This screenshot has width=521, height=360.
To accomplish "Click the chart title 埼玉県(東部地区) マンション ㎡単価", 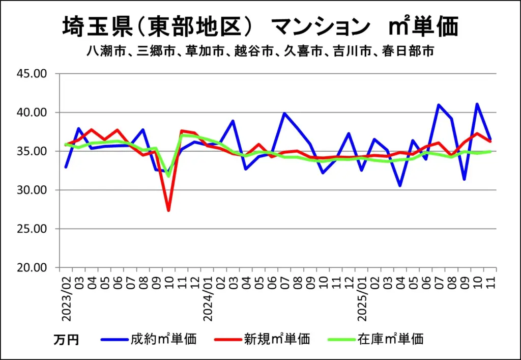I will coord(260,26).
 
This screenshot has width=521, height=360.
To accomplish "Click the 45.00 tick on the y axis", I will coord(33,73).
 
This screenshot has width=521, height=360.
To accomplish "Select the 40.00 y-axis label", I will coord(33,112).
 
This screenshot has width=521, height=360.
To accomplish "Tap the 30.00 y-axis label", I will coord(33,190).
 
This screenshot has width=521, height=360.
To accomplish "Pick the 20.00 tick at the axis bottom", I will coord(33,268).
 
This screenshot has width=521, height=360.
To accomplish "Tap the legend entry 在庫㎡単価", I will coord(390,339).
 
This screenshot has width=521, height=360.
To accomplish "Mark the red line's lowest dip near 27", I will coord(168,210).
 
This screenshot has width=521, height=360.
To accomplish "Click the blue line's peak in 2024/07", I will coord(284,113).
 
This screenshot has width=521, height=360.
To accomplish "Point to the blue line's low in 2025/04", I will coord(400,186).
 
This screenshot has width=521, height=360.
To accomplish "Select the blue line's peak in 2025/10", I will coord(477,104).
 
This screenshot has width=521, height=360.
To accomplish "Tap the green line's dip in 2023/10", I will coord(168,176).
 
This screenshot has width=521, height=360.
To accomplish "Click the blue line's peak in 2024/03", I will coord(233,121).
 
